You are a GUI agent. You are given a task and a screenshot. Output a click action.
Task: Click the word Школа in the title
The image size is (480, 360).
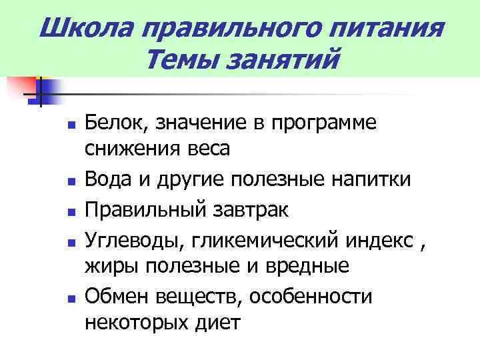pyautogui.click(x=81, y=29)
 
